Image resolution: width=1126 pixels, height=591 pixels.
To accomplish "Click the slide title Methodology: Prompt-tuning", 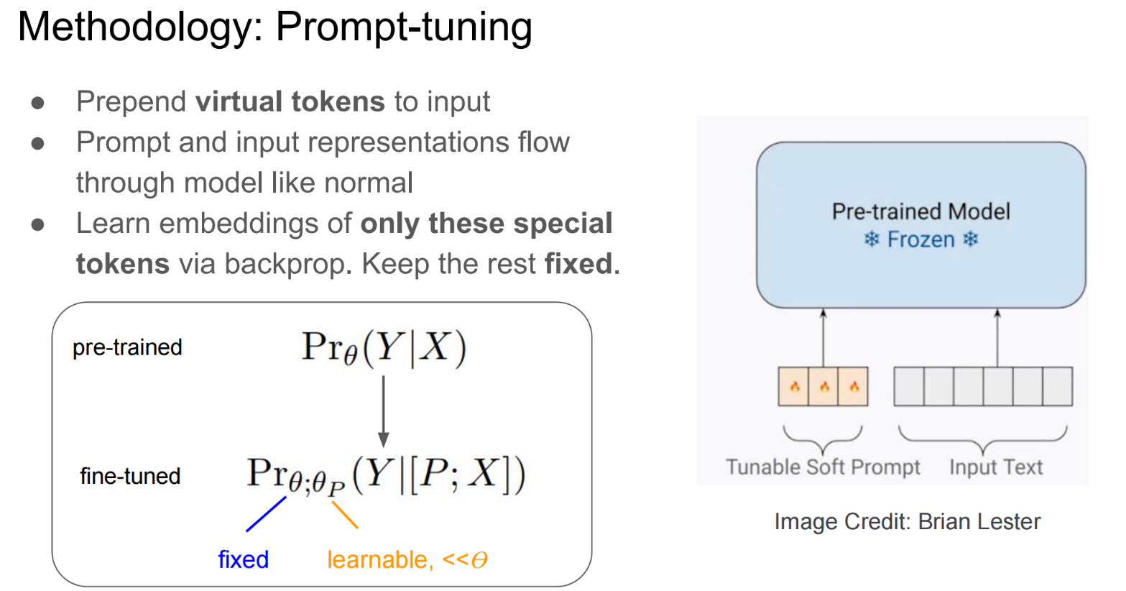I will [x=274, y=27].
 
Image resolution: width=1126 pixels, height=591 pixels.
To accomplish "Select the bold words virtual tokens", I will [x=290, y=101].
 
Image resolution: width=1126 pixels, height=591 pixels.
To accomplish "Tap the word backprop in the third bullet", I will [x=286, y=264].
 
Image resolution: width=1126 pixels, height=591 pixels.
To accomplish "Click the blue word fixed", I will [x=243, y=559].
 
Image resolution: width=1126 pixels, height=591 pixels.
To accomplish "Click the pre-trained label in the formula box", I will [x=127, y=347].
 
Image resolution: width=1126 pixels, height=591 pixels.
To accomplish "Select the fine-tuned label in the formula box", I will [x=130, y=476].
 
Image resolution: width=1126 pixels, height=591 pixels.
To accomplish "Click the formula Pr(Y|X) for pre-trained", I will [x=384, y=348].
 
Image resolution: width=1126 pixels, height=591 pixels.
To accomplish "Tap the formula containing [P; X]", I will [x=386, y=476].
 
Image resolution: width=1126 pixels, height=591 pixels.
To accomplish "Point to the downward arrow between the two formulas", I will [x=383, y=410].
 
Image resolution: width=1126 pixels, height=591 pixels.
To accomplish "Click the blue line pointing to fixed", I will [x=266, y=514].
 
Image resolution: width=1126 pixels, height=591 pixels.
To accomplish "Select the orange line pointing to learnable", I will [x=345, y=515].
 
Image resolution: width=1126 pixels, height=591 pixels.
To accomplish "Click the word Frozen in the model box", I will [x=920, y=239].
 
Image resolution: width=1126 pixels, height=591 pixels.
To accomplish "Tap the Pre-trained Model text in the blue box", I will [x=920, y=211].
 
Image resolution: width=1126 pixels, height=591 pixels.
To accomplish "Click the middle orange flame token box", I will [x=823, y=387].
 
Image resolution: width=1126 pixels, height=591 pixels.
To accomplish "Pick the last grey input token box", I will [x=1057, y=387].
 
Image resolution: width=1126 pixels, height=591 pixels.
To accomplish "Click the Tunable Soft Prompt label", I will [x=823, y=467].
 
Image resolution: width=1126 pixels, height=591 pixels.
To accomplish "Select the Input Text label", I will [x=995, y=467].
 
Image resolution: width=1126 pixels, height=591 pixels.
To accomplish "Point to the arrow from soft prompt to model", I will [x=823, y=338].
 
